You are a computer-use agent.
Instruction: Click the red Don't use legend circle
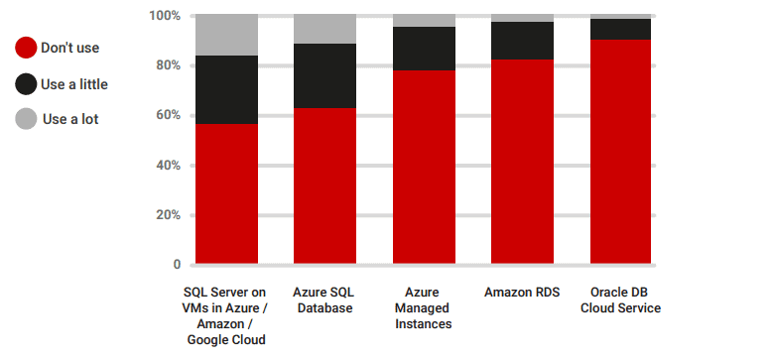coord(27,48)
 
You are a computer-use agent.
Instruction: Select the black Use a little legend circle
coord(27,84)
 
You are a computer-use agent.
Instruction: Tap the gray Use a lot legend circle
coord(27,120)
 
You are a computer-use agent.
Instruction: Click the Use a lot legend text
coord(70,120)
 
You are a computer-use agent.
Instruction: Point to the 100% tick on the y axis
coord(165,16)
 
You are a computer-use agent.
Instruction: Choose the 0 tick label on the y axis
coord(177,265)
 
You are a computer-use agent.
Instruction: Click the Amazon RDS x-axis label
coord(522,293)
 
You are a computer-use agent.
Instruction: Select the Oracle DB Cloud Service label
coord(620,300)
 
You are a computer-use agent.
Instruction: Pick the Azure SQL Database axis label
coord(324,300)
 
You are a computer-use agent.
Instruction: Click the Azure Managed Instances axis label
coord(424,308)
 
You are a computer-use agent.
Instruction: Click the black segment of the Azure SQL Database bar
coord(324,75)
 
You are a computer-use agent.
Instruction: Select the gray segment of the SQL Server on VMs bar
coord(226,35)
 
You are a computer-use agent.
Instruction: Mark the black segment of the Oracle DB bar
coord(620,29)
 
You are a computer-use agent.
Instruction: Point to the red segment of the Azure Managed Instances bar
coord(424,168)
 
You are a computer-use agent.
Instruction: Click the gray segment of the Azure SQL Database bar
coord(324,29)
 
